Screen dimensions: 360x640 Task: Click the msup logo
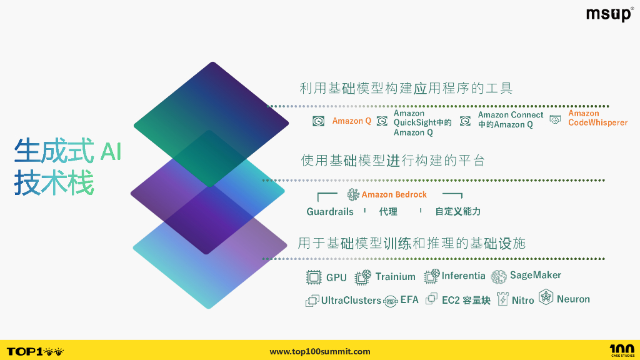click(609, 14)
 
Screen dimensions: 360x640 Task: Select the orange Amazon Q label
click(351, 121)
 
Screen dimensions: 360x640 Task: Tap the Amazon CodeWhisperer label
click(597, 118)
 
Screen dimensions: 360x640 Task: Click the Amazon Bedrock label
click(394, 194)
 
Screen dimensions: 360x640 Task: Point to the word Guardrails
click(330, 212)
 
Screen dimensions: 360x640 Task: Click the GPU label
click(336, 277)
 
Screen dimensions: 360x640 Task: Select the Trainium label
click(395, 277)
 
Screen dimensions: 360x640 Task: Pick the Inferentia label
click(463, 276)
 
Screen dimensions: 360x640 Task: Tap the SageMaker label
click(535, 275)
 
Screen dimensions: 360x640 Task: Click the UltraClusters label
click(351, 301)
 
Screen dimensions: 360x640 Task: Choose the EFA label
click(409, 300)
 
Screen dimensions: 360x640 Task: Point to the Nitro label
click(522, 300)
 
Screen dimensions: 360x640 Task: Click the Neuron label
click(573, 299)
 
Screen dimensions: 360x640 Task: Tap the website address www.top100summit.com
click(320, 352)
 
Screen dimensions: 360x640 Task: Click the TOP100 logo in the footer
click(35, 351)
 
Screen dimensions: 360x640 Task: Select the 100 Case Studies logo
click(621, 351)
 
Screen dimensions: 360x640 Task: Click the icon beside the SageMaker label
click(498, 276)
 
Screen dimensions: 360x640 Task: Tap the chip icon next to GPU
click(313, 277)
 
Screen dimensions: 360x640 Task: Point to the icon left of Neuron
click(546, 297)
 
